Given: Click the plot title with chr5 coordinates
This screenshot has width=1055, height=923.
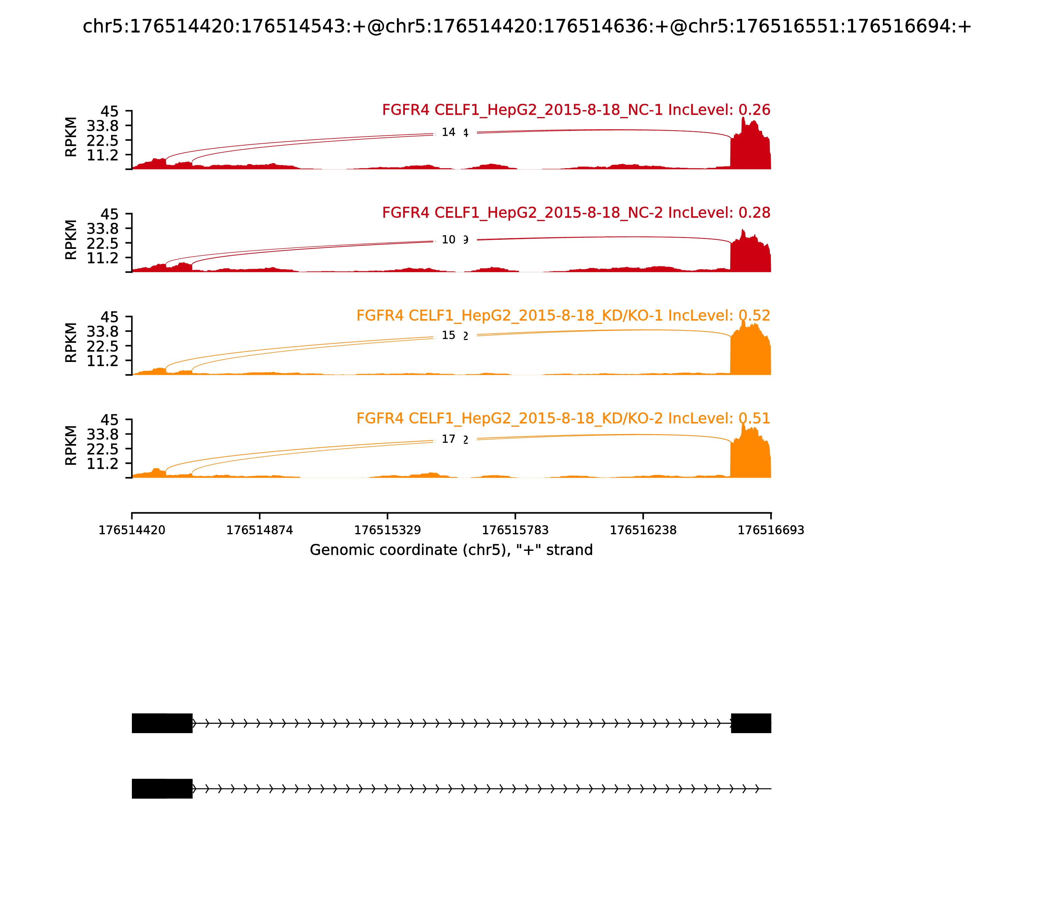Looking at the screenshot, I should (x=527, y=26).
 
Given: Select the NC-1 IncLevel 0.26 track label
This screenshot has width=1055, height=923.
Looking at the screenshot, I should (x=576, y=110).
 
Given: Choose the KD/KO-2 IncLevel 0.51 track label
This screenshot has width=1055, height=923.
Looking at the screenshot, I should (x=563, y=418).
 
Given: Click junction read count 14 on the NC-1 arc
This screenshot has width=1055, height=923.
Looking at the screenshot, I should (x=448, y=133).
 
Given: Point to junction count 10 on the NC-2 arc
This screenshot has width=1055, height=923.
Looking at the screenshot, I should (x=448, y=240).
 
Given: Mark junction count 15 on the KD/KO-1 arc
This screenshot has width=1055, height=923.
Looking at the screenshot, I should (x=448, y=335).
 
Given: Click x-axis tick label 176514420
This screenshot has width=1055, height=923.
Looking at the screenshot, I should (x=132, y=530).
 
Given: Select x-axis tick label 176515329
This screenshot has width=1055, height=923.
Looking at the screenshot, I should (x=387, y=530).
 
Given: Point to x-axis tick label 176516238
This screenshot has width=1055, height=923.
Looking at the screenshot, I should (x=643, y=530).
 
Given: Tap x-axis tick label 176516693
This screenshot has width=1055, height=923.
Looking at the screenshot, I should (x=771, y=530).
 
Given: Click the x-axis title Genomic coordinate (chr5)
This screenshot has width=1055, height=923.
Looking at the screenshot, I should (x=451, y=550).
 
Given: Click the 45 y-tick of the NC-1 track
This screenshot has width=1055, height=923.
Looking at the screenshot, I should (x=109, y=111).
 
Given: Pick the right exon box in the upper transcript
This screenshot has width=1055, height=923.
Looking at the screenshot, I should (x=751, y=723).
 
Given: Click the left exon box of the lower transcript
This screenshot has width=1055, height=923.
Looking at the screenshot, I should (x=162, y=789).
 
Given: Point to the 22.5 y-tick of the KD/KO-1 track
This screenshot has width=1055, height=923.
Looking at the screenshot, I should (x=103, y=345).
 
